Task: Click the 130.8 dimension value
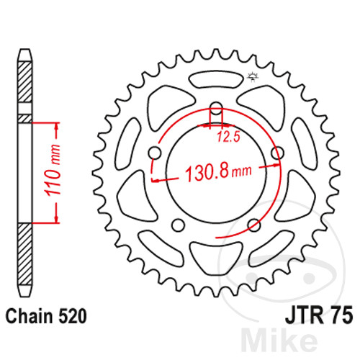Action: coord(209,174)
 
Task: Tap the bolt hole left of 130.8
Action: coord(153,153)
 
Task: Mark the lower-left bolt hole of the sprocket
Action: coord(177,225)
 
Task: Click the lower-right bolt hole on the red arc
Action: coord(253,225)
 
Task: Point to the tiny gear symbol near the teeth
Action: coord(252,76)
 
